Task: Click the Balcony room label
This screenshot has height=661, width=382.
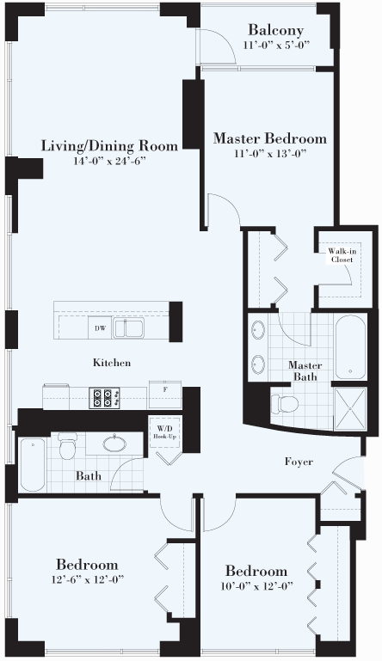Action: pos(275,30)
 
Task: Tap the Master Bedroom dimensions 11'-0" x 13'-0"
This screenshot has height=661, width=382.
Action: pos(269,154)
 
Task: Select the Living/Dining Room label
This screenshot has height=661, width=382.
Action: pos(109,146)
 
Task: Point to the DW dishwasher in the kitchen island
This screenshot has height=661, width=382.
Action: pos(100,328)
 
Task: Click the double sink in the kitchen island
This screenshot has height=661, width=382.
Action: pos(128,328)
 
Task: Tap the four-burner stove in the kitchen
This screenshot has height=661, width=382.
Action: pos(104,397)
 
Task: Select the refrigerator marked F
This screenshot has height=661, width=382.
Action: pos(165,394)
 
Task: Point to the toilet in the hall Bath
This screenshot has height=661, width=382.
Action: pos(67,446)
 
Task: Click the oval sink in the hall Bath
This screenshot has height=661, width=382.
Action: pos(114,444)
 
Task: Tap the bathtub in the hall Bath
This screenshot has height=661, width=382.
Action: pos(33,464)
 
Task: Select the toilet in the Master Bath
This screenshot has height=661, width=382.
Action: pos(284,404)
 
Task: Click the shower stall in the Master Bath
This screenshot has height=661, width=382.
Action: pos(350,408)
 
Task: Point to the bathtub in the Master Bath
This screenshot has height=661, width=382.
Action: pos(351,346)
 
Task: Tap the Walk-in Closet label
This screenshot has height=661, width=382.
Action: pos(341,255)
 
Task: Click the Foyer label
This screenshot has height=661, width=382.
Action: pos(299,462)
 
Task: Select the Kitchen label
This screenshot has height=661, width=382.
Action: pos(112,363)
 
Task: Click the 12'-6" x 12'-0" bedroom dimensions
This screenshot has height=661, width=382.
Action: pos(88,579)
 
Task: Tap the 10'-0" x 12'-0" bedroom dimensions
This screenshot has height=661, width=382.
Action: pos(256,586)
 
